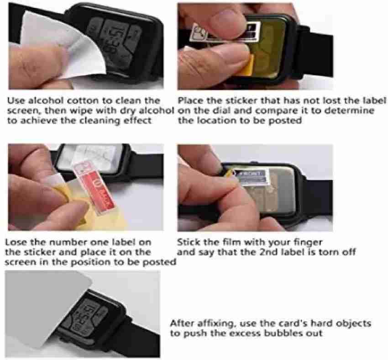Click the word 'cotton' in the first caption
pyautogui.click(x=83, y=101)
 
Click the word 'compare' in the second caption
pyautogui.click(x=274, y=111)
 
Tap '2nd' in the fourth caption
pyautogui.click(x=269, y=252)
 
